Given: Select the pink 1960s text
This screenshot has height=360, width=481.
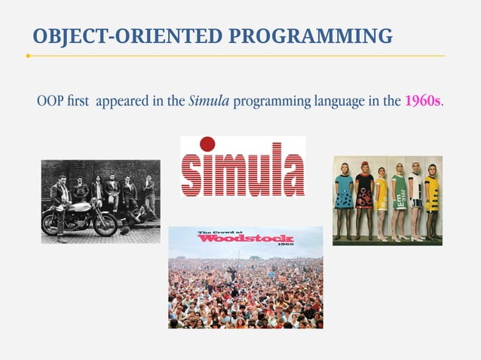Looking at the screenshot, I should [x=423, y=101].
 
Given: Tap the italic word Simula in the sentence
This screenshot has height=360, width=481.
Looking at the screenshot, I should [x=208, y=101].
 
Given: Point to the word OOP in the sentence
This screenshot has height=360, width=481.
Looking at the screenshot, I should [x=50, y=101].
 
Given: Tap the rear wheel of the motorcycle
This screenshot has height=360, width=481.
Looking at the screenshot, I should [x=103, y=224].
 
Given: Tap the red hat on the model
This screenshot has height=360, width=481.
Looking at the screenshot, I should [x=365, y=165].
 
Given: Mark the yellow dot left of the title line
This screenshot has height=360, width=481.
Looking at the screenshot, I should [x=28, y=56].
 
